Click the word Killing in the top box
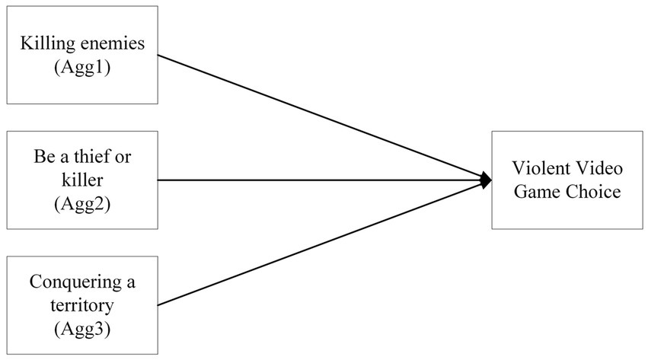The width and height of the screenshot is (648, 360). pyautogui.click(x=46, y=43)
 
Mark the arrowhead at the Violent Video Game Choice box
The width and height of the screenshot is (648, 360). pyautogui.click(x=486, y=180)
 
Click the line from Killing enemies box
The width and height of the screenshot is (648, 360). pyautogui.click(x=320, y=117)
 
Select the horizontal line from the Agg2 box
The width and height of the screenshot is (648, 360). pyautogui.click(x=320, y=180)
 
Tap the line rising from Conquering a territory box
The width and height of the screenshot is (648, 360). pyautogui.click(x=320, y=244)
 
